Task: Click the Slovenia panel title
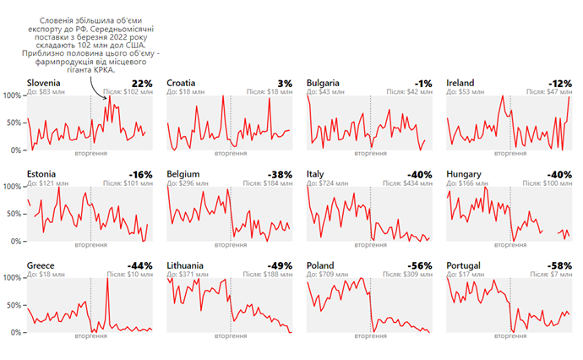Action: click(44, 83)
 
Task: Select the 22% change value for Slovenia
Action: click(142, 83)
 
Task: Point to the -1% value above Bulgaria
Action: click(422, 83)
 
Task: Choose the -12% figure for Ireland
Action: click(560, 83)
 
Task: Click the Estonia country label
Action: click(41, 174)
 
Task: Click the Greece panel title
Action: click(41, 265)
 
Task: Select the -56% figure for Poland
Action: click(420, 265)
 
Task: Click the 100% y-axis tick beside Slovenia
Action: click(12, 95)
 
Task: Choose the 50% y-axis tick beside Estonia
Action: click(14, 214)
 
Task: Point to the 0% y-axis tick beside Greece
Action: click(17, 332)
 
